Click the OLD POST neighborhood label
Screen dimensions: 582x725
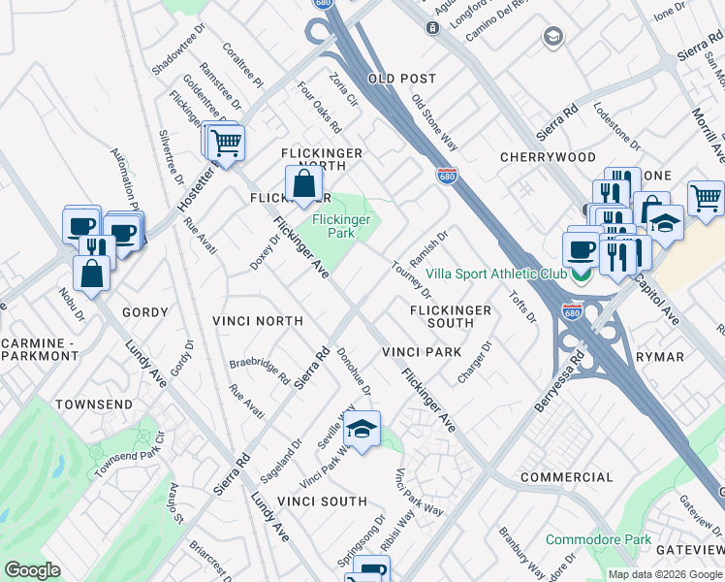pos(401,79)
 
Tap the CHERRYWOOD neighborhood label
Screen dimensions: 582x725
pos(548,157)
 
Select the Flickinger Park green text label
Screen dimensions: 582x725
pos(341,227)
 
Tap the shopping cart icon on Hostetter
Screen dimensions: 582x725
pos(226,144)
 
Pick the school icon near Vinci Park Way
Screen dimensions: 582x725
pos(362,430)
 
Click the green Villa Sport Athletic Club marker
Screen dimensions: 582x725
pos(581,275)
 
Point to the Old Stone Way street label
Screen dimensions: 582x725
pos(434,122)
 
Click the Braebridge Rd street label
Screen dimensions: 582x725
pos(259,372)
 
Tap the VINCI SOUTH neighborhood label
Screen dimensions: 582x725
pos(323,501)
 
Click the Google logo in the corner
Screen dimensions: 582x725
pos(32,570)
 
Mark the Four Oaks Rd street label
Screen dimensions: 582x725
pos(320,109)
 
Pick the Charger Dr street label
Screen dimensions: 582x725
pos(476,360)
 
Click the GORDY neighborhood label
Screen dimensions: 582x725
pos(145,312)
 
